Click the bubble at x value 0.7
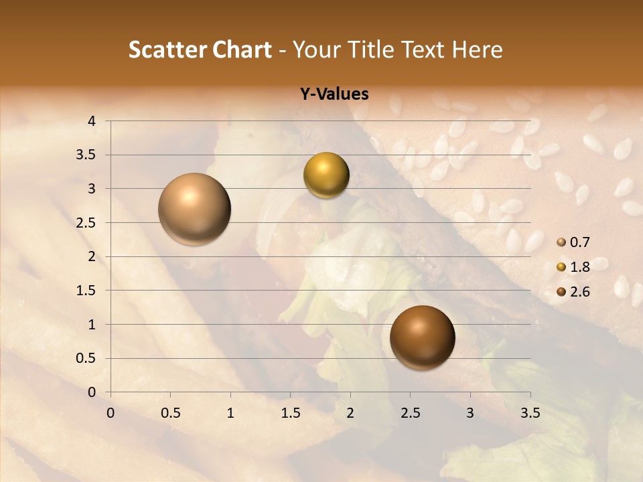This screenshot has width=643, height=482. (194, 209)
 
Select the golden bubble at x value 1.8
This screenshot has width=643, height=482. (326, 175)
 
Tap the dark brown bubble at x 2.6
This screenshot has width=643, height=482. (422, 338)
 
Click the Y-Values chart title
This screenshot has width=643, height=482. (334, 94)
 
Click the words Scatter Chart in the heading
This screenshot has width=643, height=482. (200, 50)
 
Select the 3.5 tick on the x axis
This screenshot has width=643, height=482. (530, 412)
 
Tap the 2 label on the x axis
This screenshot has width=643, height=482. (350, 412)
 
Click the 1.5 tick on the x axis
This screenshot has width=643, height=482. (290, 412)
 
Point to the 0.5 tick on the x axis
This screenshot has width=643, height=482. (170, 412)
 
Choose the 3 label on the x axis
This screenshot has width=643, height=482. (470, 412)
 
